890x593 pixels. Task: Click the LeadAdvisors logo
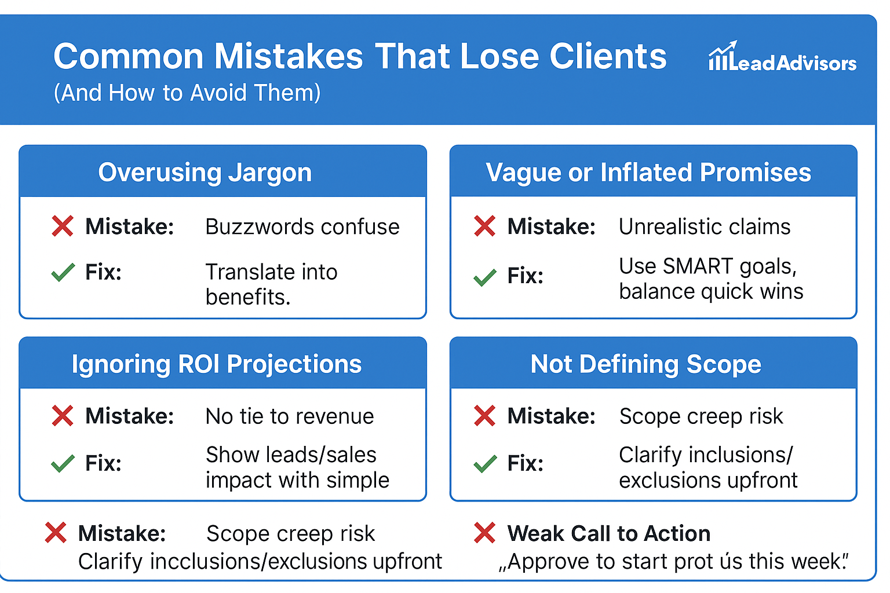point(782,56)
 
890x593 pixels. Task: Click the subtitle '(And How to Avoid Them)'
point(187,93)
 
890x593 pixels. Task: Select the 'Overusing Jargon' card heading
point(205,173)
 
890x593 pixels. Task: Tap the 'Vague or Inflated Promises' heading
point(648,173)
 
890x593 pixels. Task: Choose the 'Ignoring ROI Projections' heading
point(217,364)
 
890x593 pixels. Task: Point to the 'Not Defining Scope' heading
point(646,364)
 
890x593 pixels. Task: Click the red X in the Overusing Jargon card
point(63,226)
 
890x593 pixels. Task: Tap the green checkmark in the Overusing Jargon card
point(63,273)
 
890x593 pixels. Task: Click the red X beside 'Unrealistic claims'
point(485,226)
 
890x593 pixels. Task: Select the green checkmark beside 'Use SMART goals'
point(485,277)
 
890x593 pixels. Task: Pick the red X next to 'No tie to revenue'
point(63,416)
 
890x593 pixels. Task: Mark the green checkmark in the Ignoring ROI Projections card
point(63,463)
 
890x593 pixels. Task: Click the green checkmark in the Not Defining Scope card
point(485,463)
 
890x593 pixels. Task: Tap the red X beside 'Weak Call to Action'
point(485,533)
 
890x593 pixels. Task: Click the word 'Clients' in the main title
point(608,56)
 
